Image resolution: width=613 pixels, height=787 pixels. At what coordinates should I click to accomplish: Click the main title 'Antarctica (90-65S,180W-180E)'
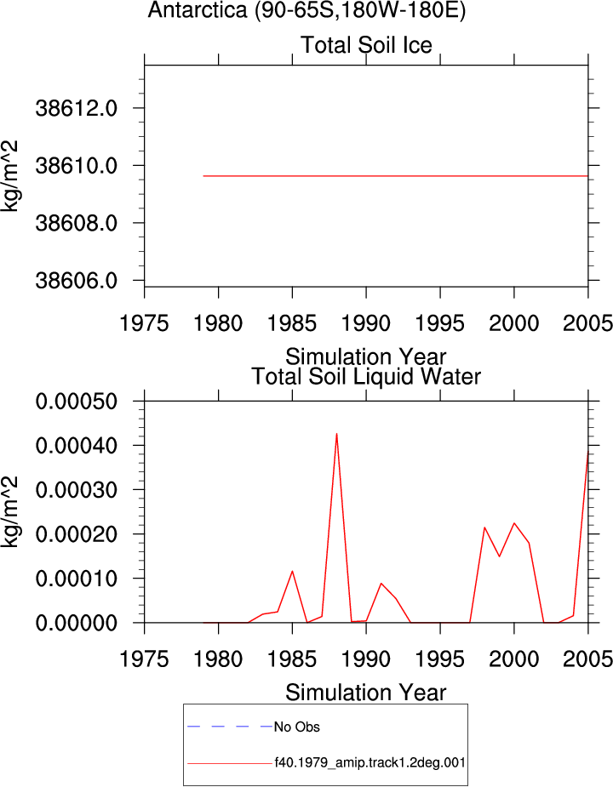point(307,10)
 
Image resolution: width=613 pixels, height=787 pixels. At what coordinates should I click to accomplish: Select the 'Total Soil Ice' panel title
point(366,45)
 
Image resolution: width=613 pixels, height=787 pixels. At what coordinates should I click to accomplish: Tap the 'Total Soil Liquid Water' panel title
point(366,376)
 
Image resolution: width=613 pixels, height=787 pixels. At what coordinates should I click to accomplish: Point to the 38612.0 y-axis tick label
point(77,108)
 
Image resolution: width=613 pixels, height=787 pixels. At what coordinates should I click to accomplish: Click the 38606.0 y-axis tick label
point(77,281)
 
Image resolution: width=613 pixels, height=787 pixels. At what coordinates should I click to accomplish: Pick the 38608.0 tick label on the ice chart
point(77,223)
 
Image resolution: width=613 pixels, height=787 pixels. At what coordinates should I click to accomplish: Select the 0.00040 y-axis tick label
point(77,445)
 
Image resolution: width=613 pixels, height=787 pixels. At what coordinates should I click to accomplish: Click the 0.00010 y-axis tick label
point(77,579)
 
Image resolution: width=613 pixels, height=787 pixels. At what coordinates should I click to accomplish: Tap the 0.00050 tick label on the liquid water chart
point(77,401)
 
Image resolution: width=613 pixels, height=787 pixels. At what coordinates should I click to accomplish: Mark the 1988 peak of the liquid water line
point(336,434)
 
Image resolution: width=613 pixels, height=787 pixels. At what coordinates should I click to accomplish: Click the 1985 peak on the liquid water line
point(292,571)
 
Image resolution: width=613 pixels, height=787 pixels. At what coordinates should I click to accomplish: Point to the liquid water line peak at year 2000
point(514,523)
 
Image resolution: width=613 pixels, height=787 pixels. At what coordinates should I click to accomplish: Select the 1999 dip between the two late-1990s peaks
point(500,556)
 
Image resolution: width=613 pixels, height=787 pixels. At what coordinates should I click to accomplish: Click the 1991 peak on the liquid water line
point(381,583)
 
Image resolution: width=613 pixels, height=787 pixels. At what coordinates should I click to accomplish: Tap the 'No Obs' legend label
point(297,727)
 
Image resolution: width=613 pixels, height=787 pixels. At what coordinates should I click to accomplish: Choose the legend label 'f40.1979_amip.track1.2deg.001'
point(370,763)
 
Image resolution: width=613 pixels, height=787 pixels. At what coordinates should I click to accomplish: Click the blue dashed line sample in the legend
point(230,727)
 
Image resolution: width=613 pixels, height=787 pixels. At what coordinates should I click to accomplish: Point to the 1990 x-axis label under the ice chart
point(366,323)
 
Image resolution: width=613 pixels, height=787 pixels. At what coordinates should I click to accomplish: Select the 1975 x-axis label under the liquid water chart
point(144,659)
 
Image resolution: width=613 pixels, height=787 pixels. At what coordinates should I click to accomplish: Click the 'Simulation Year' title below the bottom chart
point(366,693)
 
